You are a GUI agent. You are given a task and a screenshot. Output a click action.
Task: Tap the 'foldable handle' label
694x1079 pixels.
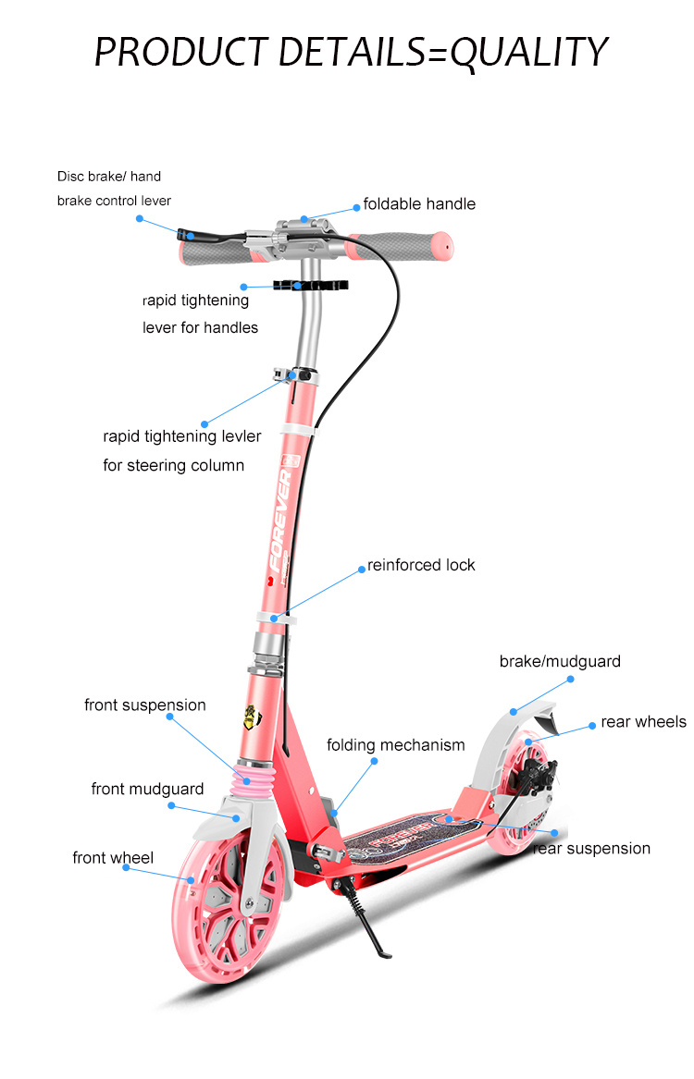(x=419, y=203)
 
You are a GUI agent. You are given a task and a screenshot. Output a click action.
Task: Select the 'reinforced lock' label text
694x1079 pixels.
(x=421, y=565)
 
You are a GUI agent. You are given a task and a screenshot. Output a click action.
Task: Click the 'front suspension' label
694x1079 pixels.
(x=145, y=705)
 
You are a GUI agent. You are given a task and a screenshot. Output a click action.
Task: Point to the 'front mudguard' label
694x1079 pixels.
(x=147, y=789)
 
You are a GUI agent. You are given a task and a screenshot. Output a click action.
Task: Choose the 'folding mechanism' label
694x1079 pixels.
(x=396, y=745)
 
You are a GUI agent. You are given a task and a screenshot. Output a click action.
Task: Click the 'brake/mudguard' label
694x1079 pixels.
(x=560, y=661)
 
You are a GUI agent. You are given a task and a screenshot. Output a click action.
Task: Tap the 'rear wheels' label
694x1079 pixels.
(x=643, y=722)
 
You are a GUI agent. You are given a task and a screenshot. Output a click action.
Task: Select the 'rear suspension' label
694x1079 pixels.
(x=592, y=849)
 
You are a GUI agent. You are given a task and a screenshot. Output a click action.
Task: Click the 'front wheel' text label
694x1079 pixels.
(x=113, y=859)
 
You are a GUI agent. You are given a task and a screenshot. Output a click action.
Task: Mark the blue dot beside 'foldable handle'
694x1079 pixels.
(x=356, y=205)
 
